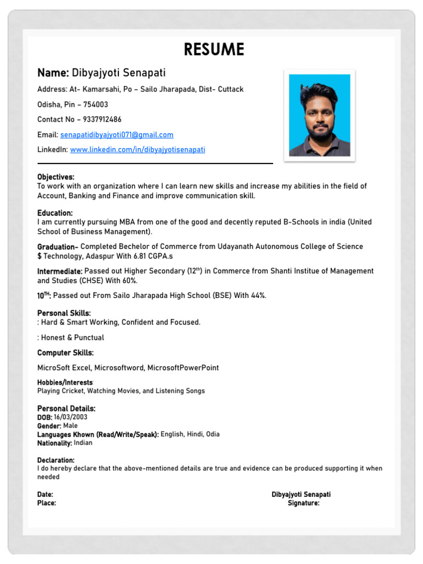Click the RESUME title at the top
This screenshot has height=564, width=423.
click(214, 50)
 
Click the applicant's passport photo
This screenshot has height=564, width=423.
click(319, 115)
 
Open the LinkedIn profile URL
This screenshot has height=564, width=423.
click(137, 150)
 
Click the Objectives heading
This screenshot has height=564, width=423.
click(56, 177)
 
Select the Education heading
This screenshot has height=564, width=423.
click(55, 213)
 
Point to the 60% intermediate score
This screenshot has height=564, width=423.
click(129, 281)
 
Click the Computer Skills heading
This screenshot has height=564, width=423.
click(65, 352)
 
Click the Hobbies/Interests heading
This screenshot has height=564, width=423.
click(65, 382)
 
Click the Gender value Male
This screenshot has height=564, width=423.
click(70, 426)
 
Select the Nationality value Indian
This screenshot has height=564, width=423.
click(83, 443)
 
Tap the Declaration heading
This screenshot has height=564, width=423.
click(56, 460)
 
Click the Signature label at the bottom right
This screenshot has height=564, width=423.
click(303, 503)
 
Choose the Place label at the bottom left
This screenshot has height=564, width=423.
click(46, 503)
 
